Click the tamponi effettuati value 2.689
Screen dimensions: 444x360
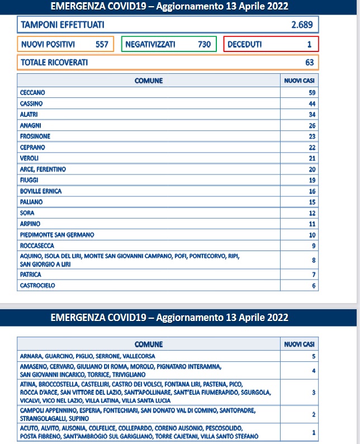302,25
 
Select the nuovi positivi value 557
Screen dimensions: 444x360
101,44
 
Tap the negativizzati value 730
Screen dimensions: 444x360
205,44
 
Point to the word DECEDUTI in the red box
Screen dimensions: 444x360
245,44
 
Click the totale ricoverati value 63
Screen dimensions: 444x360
309,63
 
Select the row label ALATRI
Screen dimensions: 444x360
29,115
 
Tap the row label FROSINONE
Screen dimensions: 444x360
35,136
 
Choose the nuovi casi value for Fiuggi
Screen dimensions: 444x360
312,180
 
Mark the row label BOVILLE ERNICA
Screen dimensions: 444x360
41,191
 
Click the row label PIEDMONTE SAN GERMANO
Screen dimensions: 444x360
57,234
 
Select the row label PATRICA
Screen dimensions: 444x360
31,275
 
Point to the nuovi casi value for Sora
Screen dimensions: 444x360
312,213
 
